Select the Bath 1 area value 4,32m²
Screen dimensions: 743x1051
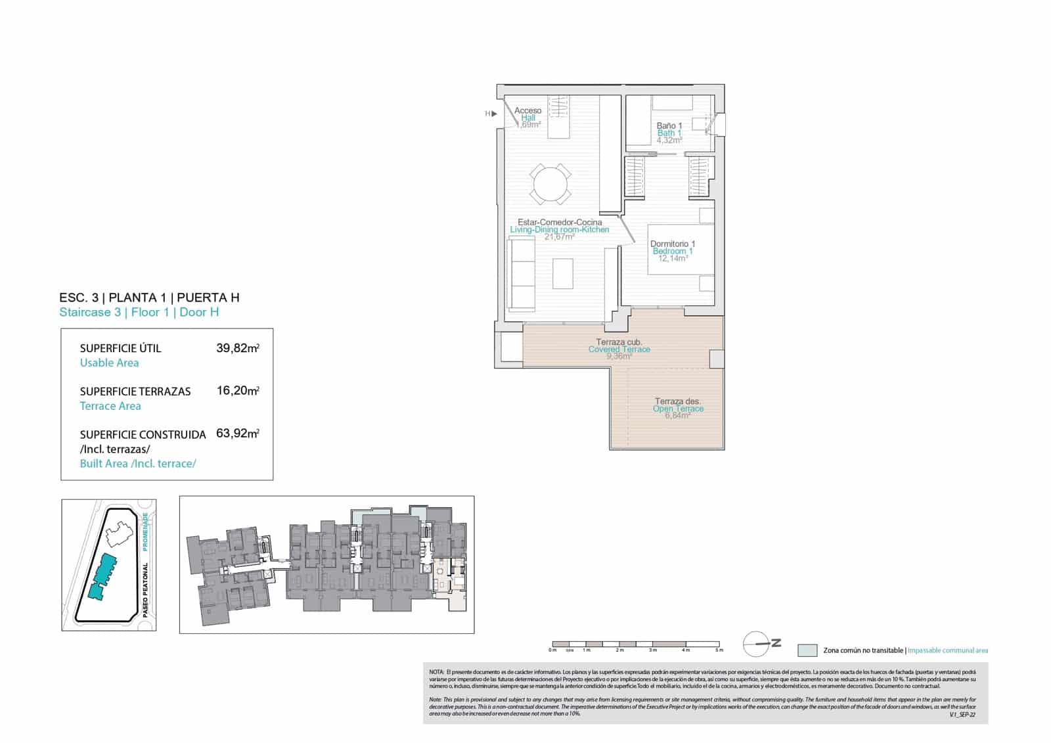(669, 140)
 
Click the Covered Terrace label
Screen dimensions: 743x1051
(619, 349)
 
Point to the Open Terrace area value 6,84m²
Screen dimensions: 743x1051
(677, 416)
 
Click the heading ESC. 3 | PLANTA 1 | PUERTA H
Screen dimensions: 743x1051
(149, 298)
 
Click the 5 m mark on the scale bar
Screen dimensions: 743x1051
(719, 650)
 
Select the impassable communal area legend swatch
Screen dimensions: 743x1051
(807, 650)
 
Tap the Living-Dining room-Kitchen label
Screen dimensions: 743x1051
(559, 230)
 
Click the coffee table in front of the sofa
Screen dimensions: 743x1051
(562, 273)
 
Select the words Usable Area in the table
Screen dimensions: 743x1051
(109, 363)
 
